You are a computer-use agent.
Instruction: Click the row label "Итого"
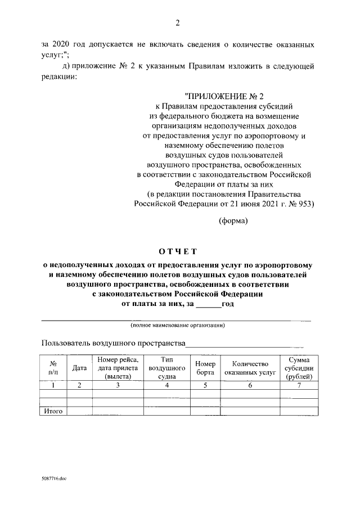point(53,411)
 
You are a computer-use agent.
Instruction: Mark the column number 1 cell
point(53,385)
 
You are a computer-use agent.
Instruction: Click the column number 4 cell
point(166,385)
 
